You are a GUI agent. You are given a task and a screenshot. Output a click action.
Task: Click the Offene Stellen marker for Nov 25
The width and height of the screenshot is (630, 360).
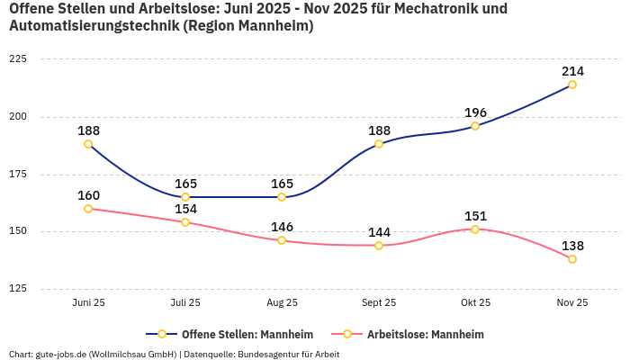tap(572, 85)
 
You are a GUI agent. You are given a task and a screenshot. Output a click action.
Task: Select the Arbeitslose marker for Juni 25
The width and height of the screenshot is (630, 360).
tap(88, 209)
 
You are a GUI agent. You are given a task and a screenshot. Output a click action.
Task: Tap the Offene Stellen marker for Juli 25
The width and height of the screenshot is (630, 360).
tap(185, 197)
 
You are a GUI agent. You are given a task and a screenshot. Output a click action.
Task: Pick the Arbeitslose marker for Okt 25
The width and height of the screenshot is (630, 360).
tap(475, 229)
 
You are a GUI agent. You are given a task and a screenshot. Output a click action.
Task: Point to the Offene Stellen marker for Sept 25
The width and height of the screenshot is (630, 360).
tap(379, 144)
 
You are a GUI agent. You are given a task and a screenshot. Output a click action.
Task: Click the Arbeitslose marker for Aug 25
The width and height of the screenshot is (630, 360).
tap(282, 240)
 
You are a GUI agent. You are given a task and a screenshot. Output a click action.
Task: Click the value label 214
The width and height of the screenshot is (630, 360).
tap(572, 71)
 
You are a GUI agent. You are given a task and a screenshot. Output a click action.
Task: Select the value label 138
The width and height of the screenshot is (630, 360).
tap(572, 246)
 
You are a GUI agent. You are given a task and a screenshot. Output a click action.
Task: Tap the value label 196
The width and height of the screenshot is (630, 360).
tap(475, 112)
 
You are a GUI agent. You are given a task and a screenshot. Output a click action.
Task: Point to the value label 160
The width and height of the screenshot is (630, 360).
tap(88, 195)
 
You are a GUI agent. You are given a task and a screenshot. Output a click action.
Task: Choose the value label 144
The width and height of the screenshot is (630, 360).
tap(379, 232)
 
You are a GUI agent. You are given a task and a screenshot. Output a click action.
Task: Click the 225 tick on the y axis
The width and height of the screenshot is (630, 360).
tap(18, 59)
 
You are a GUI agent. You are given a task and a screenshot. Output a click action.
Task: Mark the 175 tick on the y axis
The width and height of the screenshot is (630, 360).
tap(18, 175)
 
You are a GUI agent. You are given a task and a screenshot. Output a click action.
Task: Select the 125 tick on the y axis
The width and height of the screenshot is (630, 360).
tap(18, 289)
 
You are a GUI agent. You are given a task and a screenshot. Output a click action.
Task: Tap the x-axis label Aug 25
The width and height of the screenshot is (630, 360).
tap(282, 303)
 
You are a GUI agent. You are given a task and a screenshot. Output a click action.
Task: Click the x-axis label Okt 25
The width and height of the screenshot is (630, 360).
tap(475, 303)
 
